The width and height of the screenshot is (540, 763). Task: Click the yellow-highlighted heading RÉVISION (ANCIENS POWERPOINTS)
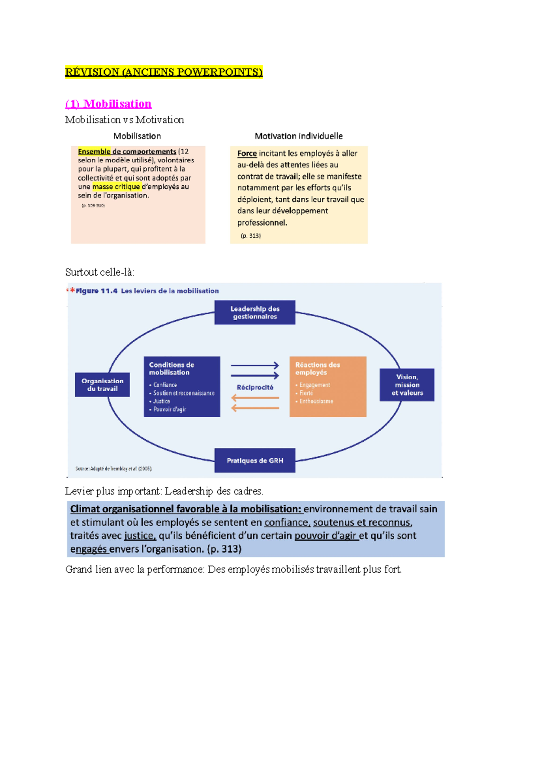(163, 72)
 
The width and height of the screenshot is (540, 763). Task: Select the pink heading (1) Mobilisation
(108, 104)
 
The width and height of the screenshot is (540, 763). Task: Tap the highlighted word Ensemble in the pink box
(94, 152)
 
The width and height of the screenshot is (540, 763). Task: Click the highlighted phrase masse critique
(116, 187)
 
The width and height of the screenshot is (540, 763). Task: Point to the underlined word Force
(247, 153)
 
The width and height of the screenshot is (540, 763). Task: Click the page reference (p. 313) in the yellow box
(251, 236)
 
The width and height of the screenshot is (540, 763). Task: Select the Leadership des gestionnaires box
(255, 312)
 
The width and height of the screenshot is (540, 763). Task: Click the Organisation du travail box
(102, 385)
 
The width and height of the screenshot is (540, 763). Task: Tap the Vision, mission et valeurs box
(407, 385)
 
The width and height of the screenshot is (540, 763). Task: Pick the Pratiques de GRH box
(255, 460)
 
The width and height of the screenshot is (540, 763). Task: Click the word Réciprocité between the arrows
(255, 387)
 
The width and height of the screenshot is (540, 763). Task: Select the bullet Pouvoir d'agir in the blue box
(169, 409)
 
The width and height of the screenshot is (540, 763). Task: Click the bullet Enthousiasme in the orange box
(316, 401)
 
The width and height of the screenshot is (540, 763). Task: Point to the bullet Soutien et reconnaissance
(184, 393)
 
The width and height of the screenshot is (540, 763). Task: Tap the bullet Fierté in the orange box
(306, 393)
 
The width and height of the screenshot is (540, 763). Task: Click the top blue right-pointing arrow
(255, 366)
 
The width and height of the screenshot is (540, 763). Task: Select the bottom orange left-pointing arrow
(255, 408)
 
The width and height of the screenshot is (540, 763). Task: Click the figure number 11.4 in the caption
(109, 291)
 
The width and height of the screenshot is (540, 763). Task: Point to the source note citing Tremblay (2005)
(114, 469)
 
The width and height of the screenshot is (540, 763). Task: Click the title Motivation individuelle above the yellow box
(298, 136)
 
